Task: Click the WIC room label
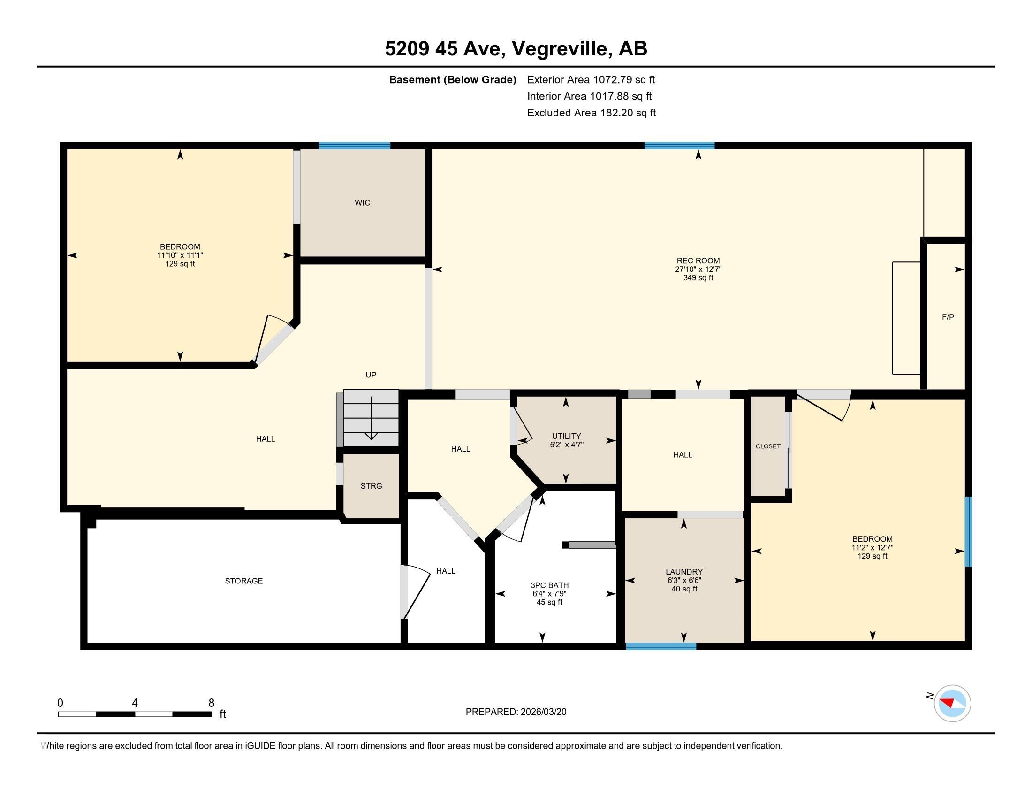[363, 203]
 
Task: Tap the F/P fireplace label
[948, 317]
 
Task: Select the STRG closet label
[372, 486]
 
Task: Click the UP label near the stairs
[371, 375]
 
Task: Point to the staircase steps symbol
[372, 418]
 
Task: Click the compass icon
[952, 704]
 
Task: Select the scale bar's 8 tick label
[211, 703]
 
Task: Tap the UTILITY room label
[566, 436]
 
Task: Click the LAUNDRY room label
[684, 572]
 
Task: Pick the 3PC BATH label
[550, 585]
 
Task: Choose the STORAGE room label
[244, 581]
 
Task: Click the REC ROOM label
[698, 261]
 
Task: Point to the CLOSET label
[768, 446]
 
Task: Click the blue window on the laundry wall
[661, 646]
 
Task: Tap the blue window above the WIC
[354, 146]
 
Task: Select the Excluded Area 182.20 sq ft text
[592, 113]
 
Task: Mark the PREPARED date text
[516, 712]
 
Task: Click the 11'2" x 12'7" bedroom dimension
[873, 548]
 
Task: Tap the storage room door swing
[416, 592]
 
